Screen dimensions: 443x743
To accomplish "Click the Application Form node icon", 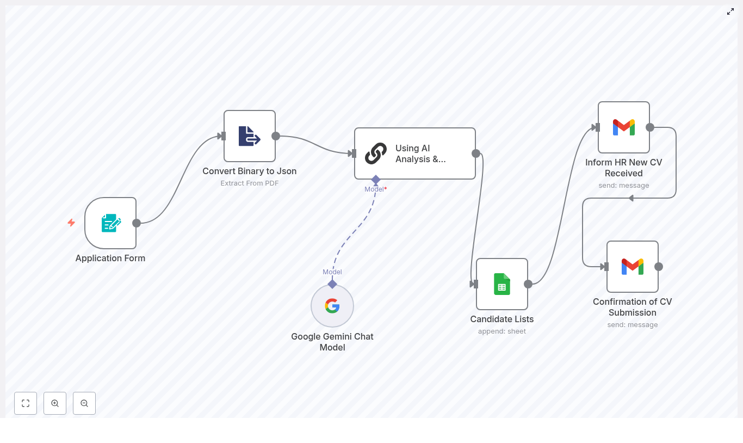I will pyautogui.click(x=111, y=223).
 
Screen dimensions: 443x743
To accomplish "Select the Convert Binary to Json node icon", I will pyautogui.click(x=250, y=136).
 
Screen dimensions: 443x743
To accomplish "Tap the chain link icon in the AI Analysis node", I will pyautogui.click(x=376, y=153).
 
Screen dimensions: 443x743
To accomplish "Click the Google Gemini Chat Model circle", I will pyautogui.click(x=332, y=306).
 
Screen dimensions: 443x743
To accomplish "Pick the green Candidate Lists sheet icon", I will pyautogui.click(x=502, y=284).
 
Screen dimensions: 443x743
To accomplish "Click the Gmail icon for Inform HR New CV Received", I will pyautogui.click(x=624, y=127).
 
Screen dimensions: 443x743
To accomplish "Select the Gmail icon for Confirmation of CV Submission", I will pyautogui.click(x=633, y=267).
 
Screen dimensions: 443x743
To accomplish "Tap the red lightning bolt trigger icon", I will pyautogui.click(x=71, y=223).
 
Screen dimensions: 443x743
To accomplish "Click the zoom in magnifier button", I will pyautogui.click(x=55, y=403).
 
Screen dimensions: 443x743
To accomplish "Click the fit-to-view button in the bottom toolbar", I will pyautogui.click(x=26, y=403).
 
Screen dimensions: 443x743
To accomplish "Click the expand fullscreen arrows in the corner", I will pyautogui.click(x=730, y=11).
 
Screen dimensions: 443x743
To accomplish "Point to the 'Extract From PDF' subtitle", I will pyautogui.click(x=250, y=183).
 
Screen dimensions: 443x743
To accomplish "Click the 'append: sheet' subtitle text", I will pyautogui.click(x=502, y=331).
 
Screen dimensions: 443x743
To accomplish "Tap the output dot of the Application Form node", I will pyautogui.click(x=137, y=223).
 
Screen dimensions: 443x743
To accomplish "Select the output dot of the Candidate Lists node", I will pyautogui.click(x=528, y=284).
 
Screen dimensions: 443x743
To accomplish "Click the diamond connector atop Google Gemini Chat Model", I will pyautogui.click(x=332, y=284).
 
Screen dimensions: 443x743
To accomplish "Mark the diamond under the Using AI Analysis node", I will pyautogui.click(x=376, y=180).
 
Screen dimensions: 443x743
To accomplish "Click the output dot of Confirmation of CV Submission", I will pyautogui.click(x=659, y=267).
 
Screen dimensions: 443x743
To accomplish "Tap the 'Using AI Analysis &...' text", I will pyautogui.click(x=420, y=153).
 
